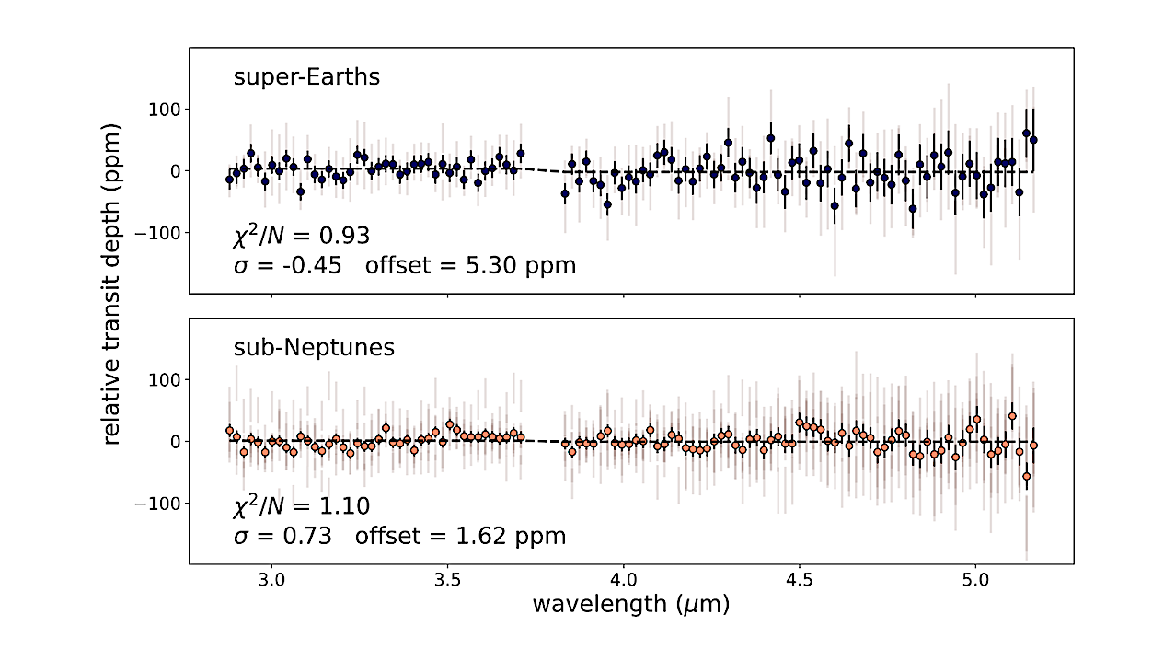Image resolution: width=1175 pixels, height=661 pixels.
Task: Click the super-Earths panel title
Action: coord(306,76)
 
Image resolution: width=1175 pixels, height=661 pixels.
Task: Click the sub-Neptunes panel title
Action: coord(314,347)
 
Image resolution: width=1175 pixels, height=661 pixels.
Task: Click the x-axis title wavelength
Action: coord(630,604)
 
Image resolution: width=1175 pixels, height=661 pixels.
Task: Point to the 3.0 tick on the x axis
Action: coord(271,583)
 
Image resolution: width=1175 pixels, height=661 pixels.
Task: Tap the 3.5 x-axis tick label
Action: coord(447,583)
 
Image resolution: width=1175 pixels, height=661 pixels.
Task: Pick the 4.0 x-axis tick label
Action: coord(623,583)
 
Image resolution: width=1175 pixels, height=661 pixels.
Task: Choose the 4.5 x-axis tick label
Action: coord(799,583)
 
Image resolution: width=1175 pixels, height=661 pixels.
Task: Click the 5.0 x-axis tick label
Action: coord(975,583)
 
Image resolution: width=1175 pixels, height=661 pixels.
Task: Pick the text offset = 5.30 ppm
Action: coord(470,266)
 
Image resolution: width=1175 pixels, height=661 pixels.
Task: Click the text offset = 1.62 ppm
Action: coord(466,536)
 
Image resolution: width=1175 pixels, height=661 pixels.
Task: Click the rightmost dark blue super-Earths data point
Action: coord(1033,140)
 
